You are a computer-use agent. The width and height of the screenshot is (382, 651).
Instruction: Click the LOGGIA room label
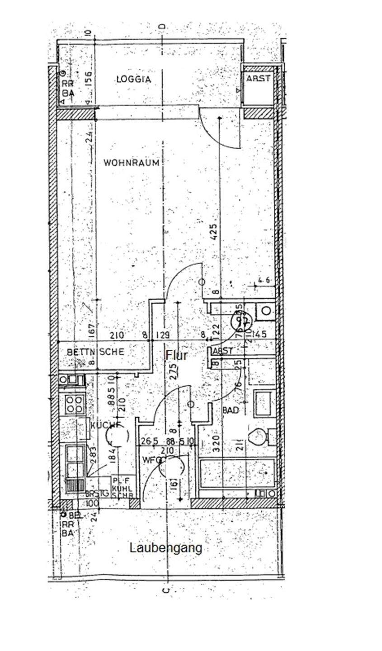pyautogui.click(x=133, y=79)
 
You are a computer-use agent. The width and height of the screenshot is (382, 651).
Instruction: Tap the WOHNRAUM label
pyautogui.click(x=132, y=163)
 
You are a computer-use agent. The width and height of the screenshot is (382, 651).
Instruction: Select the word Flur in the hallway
pyautogui.click(x=176, y=355)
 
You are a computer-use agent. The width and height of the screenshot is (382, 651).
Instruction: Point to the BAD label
pyautogui.click(x=231, y=410)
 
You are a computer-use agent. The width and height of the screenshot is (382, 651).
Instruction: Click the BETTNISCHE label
pyautogui.click(x=95, y=351)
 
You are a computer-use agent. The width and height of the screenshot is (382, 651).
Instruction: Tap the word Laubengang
pyautogui.click(x=166, y=548)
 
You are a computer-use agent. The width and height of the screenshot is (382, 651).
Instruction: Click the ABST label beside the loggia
pyautogui.click(x=258, y=79)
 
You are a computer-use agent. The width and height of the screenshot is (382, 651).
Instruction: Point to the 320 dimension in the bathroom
pyautogui.click(x=216, y=444)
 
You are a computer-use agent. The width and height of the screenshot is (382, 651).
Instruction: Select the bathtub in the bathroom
pyautogui.click(x=236, y=472)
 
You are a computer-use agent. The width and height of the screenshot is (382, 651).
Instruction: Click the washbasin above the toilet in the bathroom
pyautogui.click(x=263, y=402)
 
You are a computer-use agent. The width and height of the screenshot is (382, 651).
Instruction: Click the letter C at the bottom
pyautogui.click(x=166, y=590)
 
